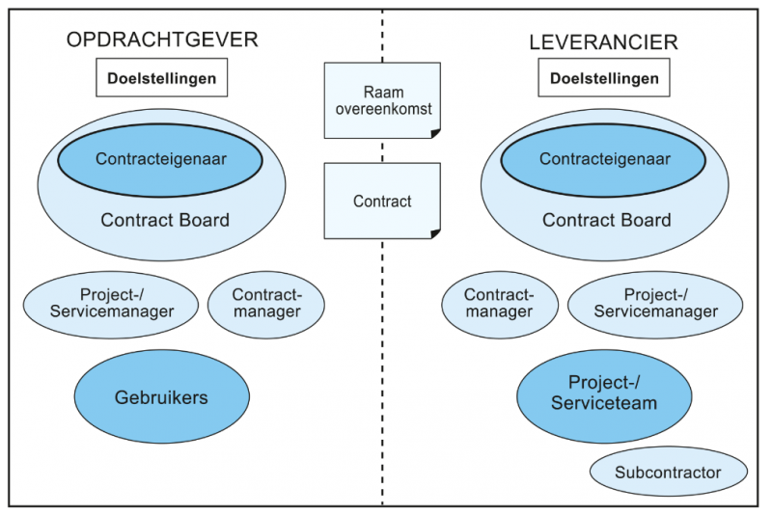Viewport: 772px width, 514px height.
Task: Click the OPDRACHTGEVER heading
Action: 162,40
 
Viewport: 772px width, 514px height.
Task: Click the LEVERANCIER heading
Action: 604,42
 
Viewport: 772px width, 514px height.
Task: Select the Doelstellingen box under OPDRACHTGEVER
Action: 161,78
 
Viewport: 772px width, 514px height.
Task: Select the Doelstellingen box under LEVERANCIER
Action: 604,78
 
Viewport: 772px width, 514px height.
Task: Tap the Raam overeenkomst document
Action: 382,100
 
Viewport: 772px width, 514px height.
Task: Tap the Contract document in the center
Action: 382,201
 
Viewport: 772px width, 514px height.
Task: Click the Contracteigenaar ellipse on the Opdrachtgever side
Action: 160,160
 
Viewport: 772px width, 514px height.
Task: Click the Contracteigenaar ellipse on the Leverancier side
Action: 604,160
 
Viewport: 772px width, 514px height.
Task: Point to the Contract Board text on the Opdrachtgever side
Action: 165,220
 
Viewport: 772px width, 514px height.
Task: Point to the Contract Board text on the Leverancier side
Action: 607,220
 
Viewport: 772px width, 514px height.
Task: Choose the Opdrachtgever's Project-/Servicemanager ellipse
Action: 111,305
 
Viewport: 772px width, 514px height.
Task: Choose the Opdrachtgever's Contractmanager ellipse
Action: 266,305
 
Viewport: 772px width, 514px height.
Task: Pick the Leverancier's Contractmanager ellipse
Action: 500,305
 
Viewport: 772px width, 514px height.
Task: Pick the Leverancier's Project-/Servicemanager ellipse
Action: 655,305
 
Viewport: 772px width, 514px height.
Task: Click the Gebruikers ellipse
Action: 161,396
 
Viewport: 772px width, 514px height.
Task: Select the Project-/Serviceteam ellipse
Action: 604,396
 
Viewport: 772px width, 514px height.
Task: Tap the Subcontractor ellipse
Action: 669,472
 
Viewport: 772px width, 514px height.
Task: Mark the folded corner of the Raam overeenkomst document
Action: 436,134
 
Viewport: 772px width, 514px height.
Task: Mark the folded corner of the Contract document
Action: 436,234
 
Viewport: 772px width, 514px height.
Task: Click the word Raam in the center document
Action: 383,92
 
